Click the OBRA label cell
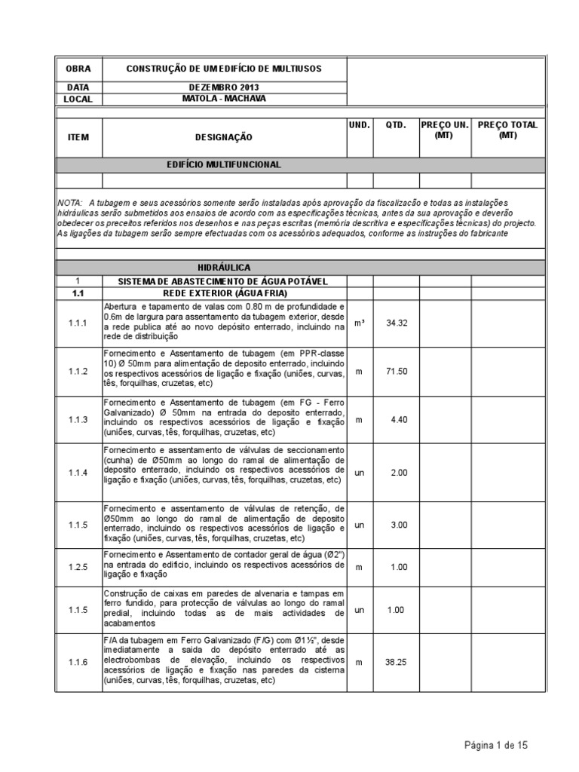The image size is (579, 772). click(x=78, y=69)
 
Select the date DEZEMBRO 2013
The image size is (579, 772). click(x=224, y=87)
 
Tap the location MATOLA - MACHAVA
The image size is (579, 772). click(x=224, y=99)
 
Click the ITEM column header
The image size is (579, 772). click(x=78, y=137)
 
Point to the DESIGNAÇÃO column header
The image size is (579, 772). click(x=224, y=137)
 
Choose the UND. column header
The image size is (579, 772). click(x=359, y=125)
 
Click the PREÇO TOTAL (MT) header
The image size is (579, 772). click(x=507, y=130)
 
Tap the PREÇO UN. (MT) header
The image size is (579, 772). click(x=444, y=130)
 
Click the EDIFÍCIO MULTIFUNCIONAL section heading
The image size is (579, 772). click(x=224, y=164)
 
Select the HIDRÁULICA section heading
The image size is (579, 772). click(x=224, y=267)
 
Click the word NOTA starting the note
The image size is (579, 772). click(x=70, y=204)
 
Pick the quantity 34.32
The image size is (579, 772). click(x=396, y=323)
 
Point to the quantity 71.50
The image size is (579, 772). click(x=396, y=372)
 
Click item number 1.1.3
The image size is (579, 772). click(x=78, y=419)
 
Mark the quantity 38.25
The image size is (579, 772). click(x=396, y=661)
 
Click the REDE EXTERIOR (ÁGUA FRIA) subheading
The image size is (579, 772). click(x=224, y=293)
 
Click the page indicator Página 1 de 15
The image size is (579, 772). click(x=495, y=745)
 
